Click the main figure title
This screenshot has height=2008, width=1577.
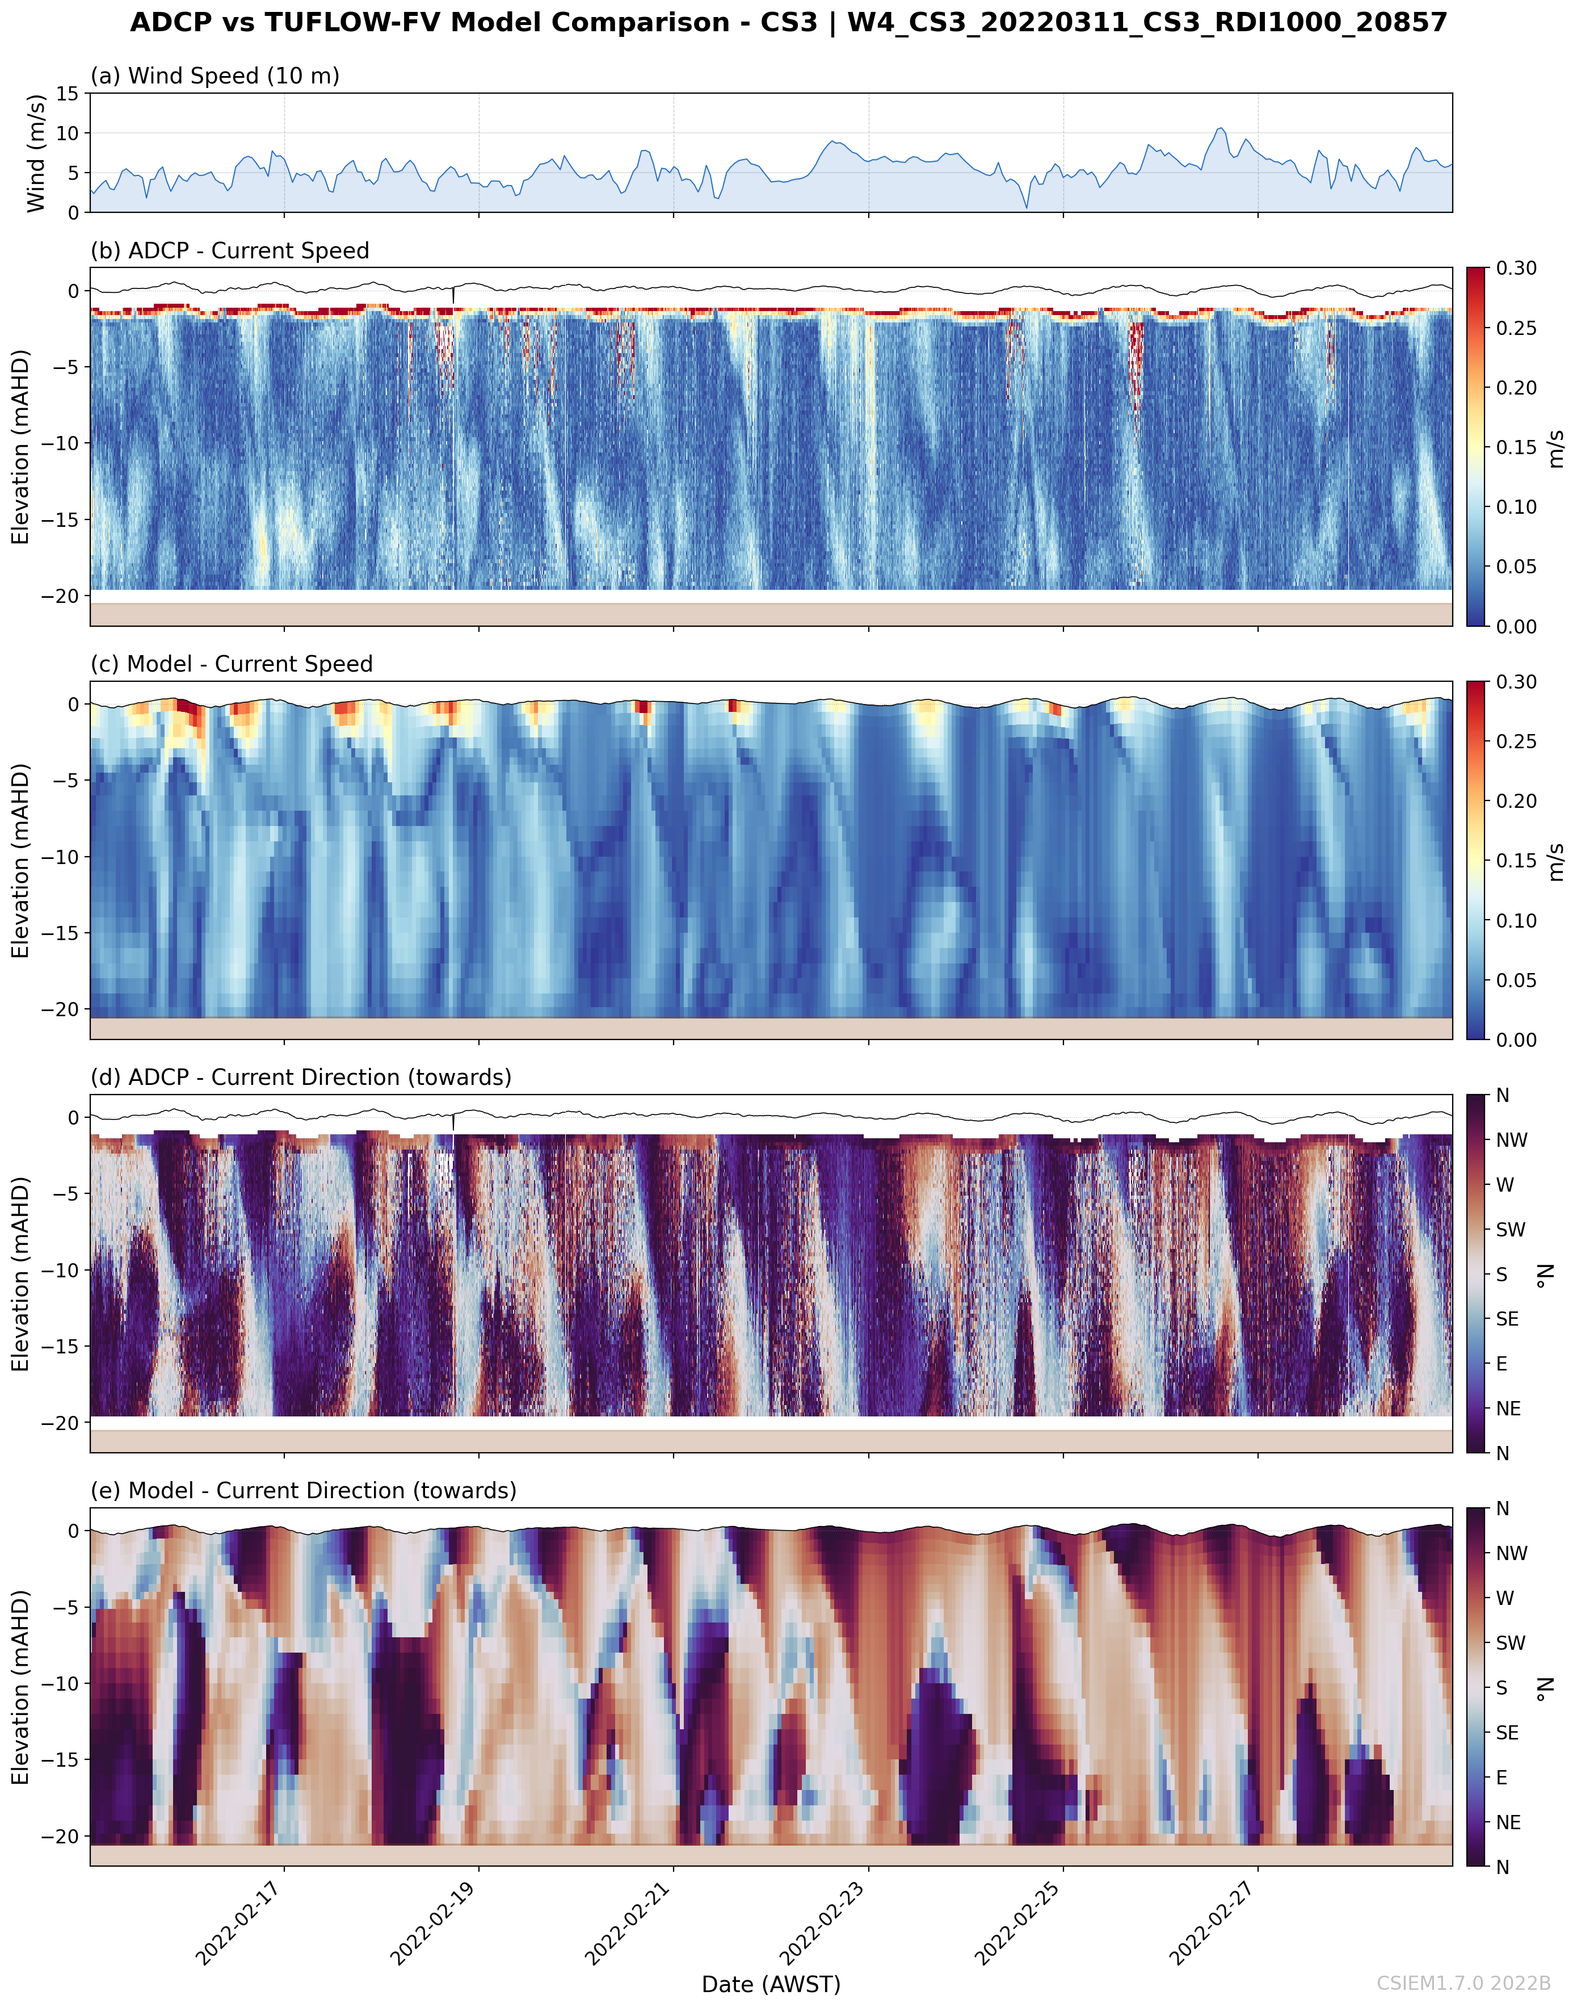789,22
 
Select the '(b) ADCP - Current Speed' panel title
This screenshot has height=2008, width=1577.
230,250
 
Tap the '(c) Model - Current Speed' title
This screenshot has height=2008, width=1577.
232,664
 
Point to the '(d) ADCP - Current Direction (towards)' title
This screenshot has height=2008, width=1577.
301,1077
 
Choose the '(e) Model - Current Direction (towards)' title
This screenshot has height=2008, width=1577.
304,1491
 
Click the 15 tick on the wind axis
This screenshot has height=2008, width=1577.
68,93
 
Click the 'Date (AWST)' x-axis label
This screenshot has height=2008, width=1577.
771,1984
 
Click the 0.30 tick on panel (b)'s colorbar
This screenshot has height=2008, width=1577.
1517,269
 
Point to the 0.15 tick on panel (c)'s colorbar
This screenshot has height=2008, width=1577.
1517,861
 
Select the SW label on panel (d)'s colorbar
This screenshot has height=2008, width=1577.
1511,1229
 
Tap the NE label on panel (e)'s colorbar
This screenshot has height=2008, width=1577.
1509,1822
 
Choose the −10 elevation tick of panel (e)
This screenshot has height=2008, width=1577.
60,1683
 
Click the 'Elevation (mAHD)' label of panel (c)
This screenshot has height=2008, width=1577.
20,860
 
